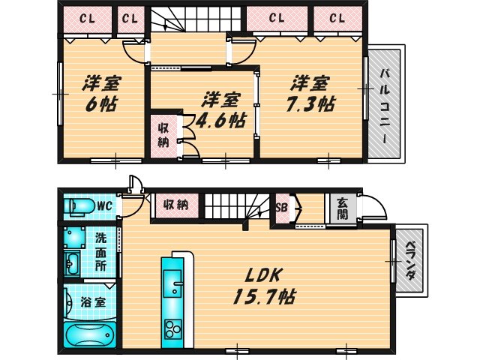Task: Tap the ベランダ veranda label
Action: (410, 261)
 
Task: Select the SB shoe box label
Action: (283, 208)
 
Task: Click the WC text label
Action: (103, 204)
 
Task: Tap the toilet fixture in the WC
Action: (78, 205)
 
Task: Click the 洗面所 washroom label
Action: (101, 251)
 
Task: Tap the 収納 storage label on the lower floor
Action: (175, 204)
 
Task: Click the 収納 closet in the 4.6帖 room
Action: (163, 135)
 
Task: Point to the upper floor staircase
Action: (195, 19)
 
